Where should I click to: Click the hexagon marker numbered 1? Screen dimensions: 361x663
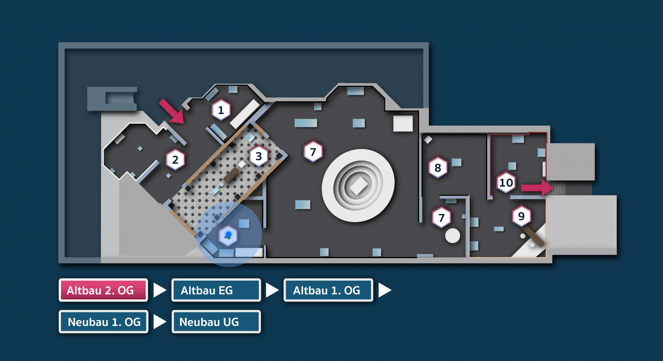pyautogui.click(x=221, y=110)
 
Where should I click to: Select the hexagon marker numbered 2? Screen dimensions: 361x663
pyautogui.click(x=175, y=160)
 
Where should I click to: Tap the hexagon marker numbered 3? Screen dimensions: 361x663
pyautogui.click(x=258, y=156)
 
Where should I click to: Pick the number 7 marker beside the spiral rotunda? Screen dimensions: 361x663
pyautogui.click(x=313, y=152)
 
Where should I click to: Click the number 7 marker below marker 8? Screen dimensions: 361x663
pyautogui.click(x=441, y=218)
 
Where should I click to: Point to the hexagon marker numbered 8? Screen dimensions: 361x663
pyautogui.click(x=438, y=168)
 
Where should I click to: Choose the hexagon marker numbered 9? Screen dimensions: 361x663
pyautogui.click(x=521, y=216)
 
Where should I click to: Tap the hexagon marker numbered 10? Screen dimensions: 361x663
pyautogui.click(x=506, y=183)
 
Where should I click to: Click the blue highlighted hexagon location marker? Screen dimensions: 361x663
pyautogui.click(x=228, y=236)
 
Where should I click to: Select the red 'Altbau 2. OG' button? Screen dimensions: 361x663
pyautogui.click(x=103, y=290)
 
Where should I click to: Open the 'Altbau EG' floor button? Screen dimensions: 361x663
pyautogui.click(x=216, y=290)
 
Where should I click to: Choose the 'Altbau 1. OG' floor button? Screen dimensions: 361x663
pyautogui.click(x=328, y=290)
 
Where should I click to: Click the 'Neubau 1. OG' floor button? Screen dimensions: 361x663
pyautogui.click(x=104, y=322)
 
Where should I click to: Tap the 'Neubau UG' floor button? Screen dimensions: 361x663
pyautogui.click(x=216, y=322)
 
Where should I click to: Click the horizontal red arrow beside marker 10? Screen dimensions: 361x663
pyautogui.click(x=536, y=188)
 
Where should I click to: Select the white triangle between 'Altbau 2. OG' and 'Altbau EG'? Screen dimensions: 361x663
pyautogui.click(x=159, y=290)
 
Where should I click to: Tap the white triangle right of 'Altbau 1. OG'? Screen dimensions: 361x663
pyautogui.click(x=384, y=290)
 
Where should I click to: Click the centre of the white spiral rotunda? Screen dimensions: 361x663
pyautogui.click(x=358, y=186)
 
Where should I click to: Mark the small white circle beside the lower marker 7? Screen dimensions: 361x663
pyautogui.click(x=452, y=236)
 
